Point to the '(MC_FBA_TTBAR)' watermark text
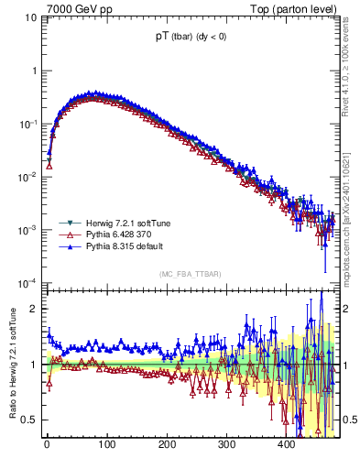pos(189,274)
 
